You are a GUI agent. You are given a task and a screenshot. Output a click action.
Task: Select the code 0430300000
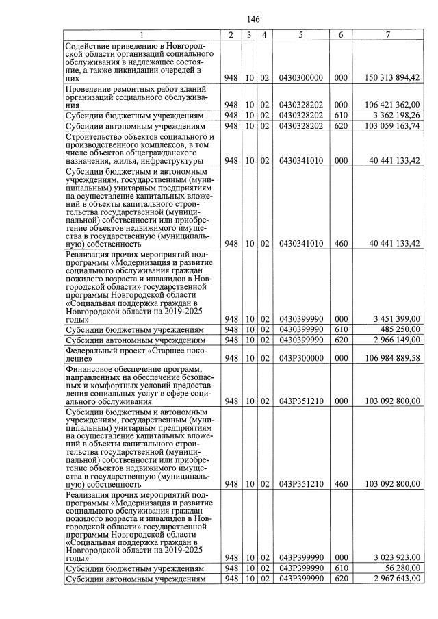click(x=300, y=78)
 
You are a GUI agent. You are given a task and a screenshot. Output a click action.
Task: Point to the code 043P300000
click(x=300, y=357)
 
